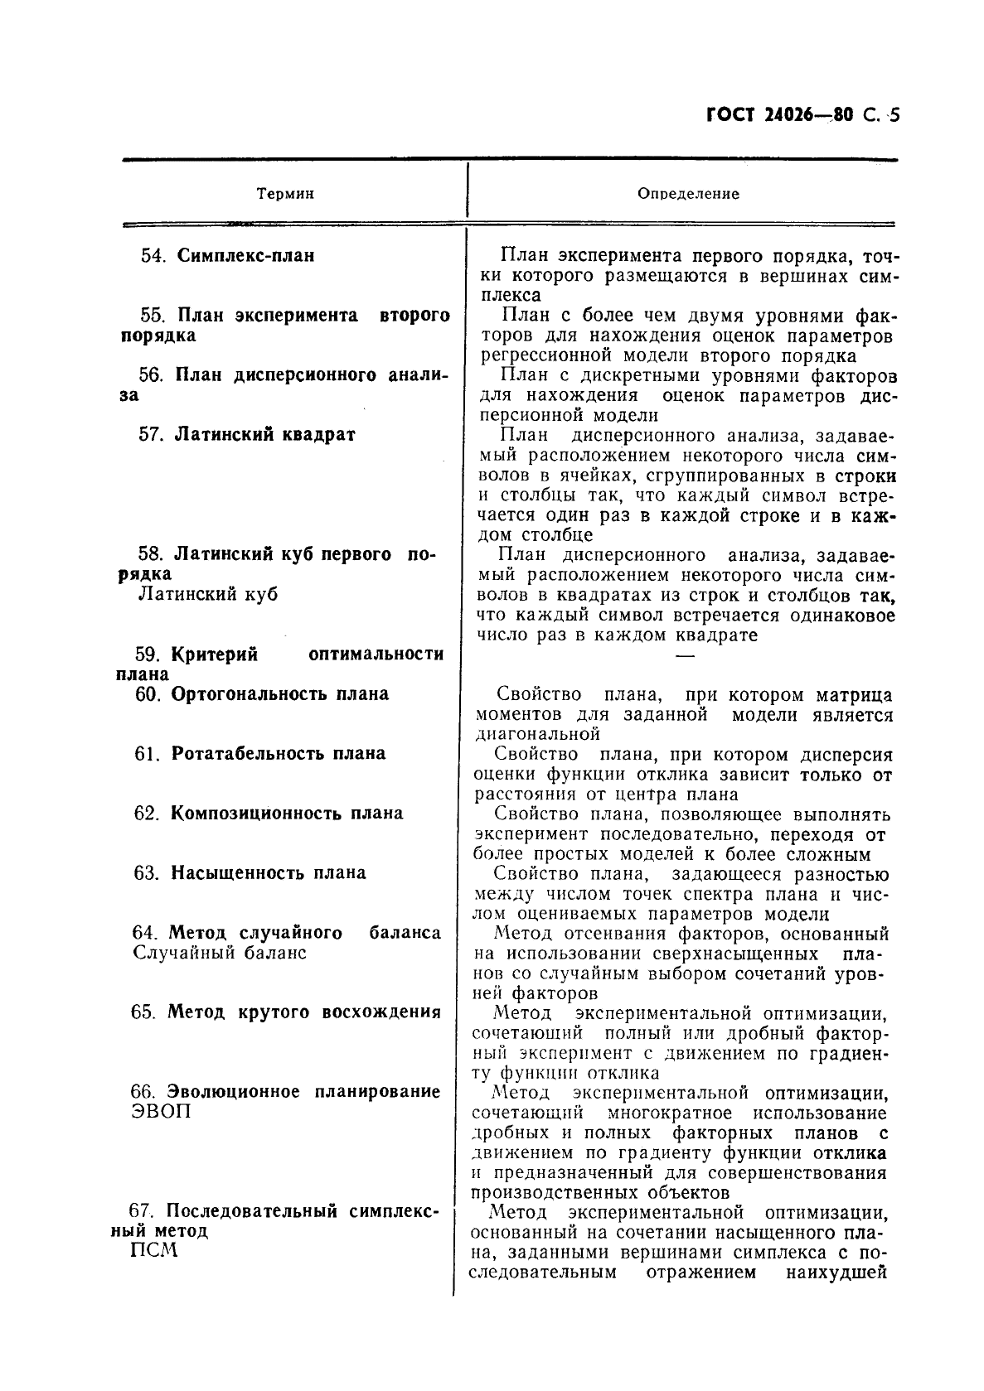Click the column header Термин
[285, 194]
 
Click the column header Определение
[688, 194]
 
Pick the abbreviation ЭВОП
[161, 1112]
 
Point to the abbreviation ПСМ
[154, 1251]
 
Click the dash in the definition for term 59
[684, 656]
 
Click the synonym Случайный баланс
[219, 953]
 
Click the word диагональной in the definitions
[537, 734]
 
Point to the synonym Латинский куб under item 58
[207, 594]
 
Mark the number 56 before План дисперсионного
[149, 374]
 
